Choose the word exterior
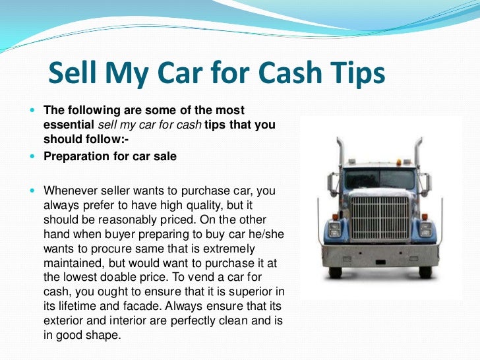(63, 320)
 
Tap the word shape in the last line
(106, 335)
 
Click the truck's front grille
(378, 219)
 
